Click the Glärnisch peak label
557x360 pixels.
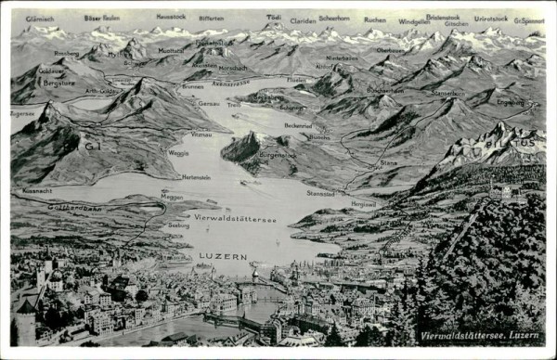39,19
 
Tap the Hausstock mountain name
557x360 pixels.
171,17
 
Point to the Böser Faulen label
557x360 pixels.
101,18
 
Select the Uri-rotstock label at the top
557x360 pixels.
490,19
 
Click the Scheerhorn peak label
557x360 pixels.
334,18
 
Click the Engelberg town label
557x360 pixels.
510,102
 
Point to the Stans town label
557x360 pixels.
388,162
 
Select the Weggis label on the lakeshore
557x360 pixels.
178,152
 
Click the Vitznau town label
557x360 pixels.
201,135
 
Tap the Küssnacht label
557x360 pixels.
37,190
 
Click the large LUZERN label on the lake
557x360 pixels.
223,256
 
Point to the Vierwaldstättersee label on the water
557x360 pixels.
235,220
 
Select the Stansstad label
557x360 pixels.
320,194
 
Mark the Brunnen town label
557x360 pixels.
192,86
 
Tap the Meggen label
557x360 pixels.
172,197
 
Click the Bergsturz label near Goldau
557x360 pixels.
59,83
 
